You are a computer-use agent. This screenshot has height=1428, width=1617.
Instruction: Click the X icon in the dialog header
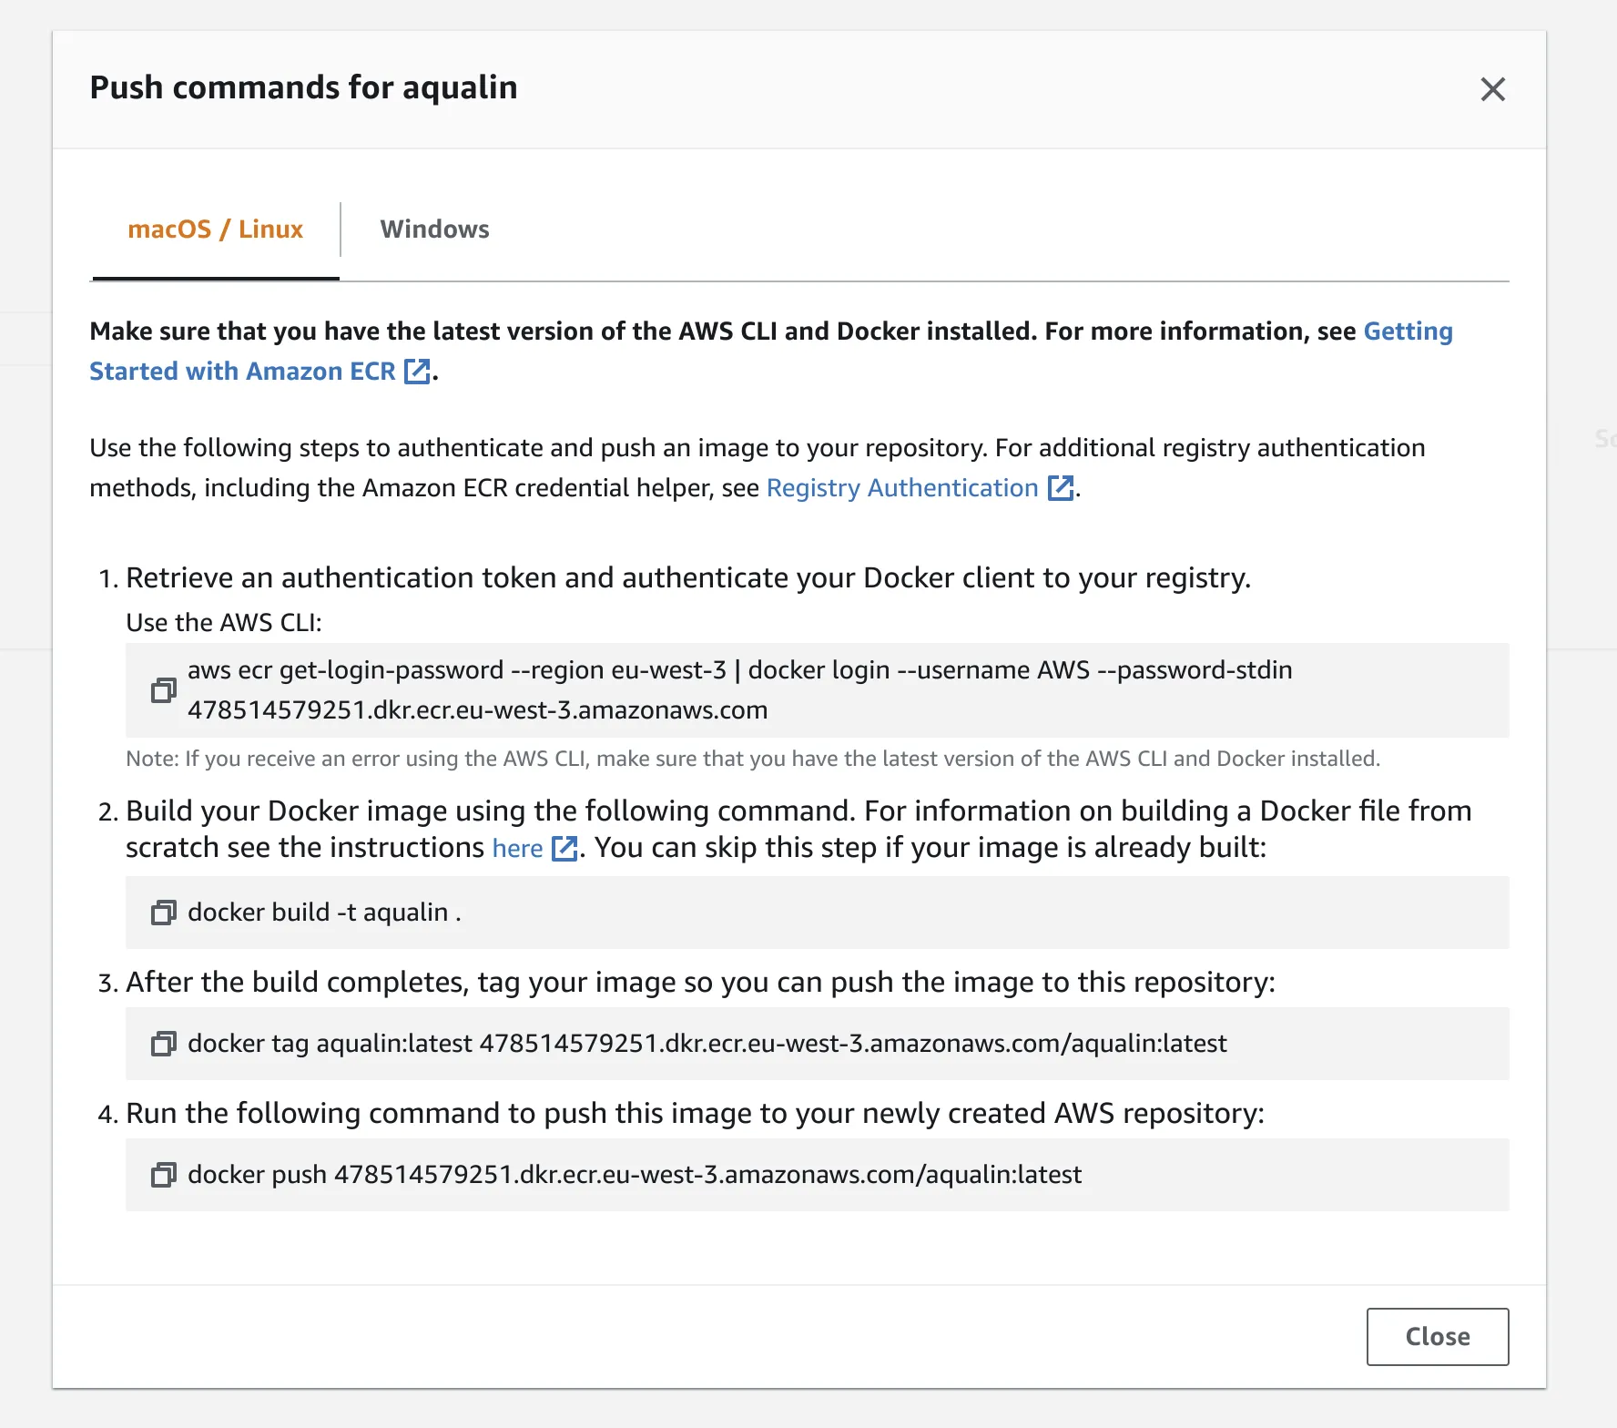[x=1492, y=89]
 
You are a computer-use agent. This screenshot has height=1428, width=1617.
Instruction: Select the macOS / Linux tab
[x=216, y=229]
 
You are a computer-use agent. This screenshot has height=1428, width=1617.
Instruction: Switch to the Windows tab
[x=434, y=229]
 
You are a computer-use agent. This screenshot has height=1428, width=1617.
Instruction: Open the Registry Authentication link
[x=901, y=488]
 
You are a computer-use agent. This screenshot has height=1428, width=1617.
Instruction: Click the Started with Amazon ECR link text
[x=242, y=372]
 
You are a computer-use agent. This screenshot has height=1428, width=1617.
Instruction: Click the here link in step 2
[x=517, y=849]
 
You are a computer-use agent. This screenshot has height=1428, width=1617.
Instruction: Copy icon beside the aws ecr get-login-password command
[x=164, y=690]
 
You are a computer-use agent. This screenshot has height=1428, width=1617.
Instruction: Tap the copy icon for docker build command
[x=164, y=913]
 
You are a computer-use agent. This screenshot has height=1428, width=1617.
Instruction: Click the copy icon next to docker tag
[x=164, y=1044]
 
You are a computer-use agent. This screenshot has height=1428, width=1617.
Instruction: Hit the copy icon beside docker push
[x=164, y=1175]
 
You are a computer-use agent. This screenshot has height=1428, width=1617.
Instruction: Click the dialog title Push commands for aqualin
[x=303, y=87]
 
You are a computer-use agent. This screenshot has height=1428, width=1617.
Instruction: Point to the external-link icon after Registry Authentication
[x=1061, y=488]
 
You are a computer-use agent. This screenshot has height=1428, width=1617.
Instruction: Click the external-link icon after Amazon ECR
[x=417, y=372]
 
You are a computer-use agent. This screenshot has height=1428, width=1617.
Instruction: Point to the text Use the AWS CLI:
[x=224, y=623]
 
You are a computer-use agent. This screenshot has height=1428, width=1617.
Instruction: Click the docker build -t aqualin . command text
[x=324, y=913]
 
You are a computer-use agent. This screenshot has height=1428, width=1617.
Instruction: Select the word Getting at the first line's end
[x=1408, y=331]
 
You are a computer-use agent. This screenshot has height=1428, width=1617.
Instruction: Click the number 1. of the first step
[x=108, y=579]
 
